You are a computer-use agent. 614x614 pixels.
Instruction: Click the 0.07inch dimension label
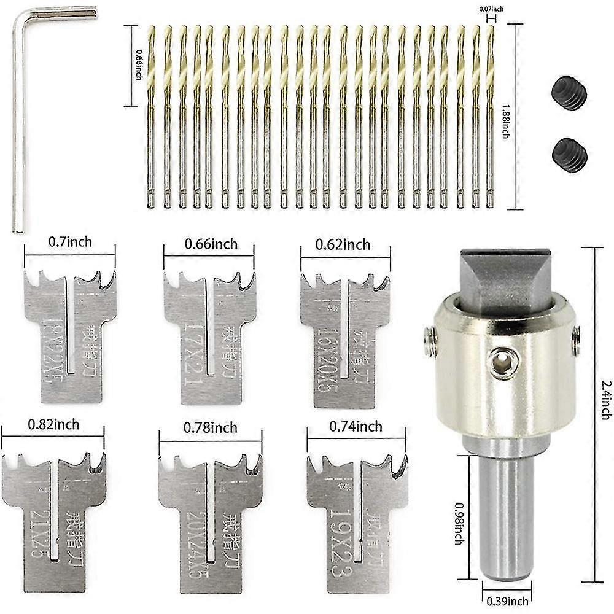490,8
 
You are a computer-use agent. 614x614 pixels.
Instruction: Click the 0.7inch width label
70,241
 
